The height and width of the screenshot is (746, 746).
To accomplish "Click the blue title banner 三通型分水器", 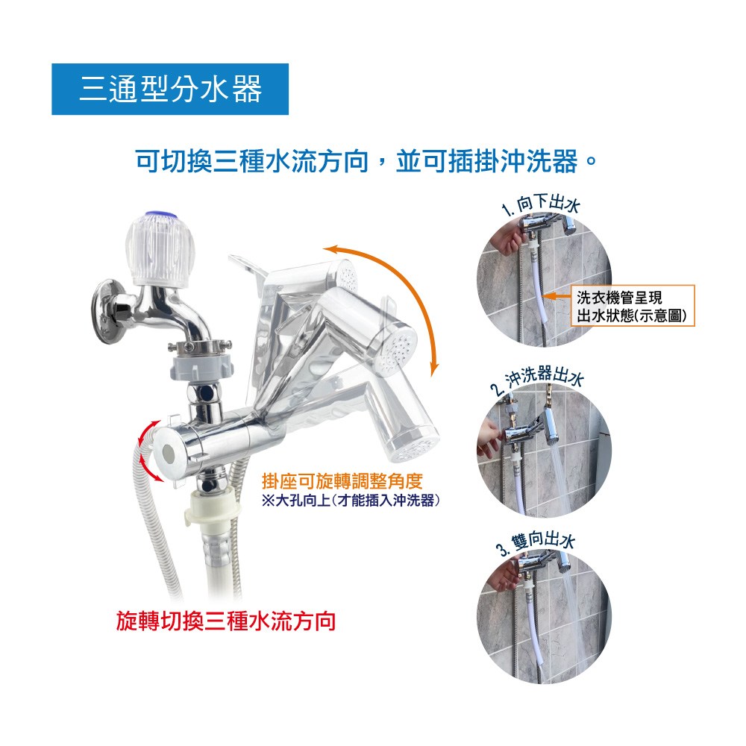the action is point(170,89).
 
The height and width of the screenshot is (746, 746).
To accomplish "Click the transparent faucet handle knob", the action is point(160,250).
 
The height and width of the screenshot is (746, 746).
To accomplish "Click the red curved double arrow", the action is point(142,450).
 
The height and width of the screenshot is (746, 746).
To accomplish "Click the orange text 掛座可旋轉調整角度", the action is point(342,481).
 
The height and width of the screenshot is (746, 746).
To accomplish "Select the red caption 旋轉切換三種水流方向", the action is point(226,621).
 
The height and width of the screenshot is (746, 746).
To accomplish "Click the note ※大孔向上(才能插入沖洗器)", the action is point(351,501).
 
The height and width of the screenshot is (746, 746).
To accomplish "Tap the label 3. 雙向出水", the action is point(536,543).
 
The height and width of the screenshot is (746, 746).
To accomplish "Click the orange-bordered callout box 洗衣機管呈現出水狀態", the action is point(633,305).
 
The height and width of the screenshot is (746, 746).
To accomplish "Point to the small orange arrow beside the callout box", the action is point(557,296).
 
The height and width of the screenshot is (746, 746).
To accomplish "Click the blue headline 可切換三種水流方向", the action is point(253,161).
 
